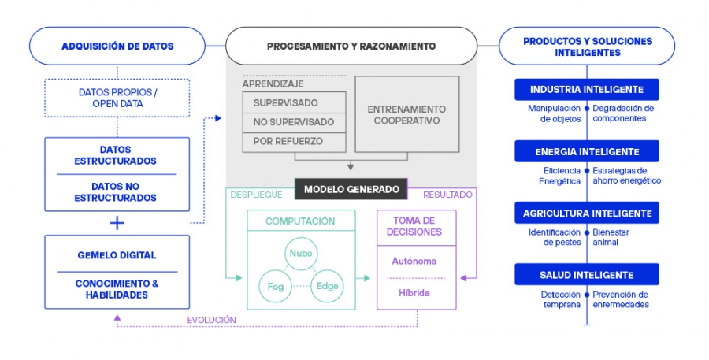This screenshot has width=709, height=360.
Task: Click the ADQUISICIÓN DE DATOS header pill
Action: click(117, 46)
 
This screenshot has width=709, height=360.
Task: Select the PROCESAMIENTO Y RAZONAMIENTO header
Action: click(351, 46)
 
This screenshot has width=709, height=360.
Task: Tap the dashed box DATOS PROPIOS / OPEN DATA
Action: click(117, 98)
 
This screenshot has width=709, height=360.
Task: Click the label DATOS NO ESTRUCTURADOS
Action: click(117, 192)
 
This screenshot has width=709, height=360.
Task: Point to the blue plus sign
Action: click(117, 223)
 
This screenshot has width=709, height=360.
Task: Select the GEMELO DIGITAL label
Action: click(117, 255)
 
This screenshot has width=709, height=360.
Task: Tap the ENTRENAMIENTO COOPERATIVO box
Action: click(406, 114)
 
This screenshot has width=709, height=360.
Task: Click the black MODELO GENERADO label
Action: click(351, 189)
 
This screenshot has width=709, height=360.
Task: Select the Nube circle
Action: click(301, 253)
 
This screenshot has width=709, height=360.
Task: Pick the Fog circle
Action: click(276, 286)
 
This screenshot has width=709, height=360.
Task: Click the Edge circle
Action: click(326, 286)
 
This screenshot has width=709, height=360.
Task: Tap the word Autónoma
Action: click(414, 260)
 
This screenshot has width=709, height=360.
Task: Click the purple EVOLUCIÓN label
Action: click(211, 320)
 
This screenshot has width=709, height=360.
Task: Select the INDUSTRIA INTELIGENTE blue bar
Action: click(586, 90)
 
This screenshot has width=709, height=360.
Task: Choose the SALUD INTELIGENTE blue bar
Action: click(586, 275)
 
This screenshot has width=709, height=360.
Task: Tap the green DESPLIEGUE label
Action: click(254, 193)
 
